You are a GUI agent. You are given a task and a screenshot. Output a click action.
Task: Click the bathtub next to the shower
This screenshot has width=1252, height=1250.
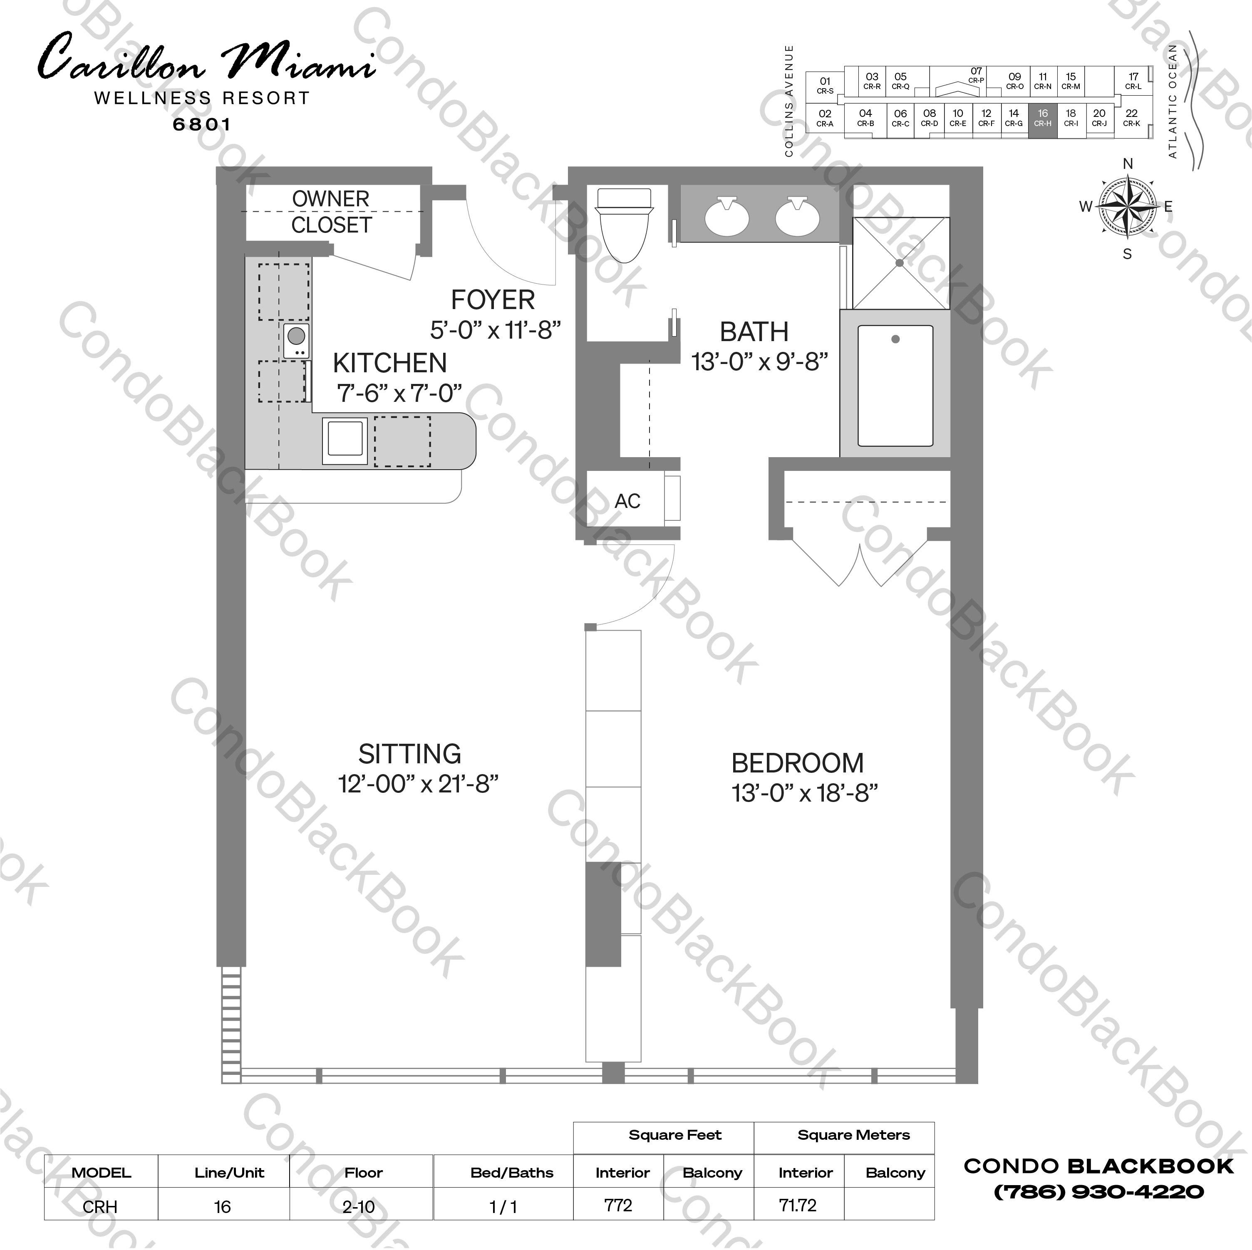click(x=895, y=386)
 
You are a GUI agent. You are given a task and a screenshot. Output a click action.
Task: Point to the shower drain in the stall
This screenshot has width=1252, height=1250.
click(x=900, y=263)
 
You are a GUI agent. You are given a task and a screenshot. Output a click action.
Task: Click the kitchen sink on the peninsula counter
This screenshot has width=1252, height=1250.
click(x=345, y=439)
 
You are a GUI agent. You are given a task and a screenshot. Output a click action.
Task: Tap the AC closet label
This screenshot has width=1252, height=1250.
click(x=627, y=501)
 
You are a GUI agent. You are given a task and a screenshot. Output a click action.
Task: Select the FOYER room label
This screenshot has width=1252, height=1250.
click(x=493, y=300)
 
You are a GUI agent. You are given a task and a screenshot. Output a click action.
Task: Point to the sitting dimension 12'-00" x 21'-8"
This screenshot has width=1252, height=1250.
click(x=418, y=784)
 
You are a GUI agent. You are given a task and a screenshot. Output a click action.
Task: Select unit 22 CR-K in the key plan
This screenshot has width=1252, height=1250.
click(x=1131, y=118)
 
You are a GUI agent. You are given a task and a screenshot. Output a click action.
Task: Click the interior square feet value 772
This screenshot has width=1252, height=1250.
click(x=618, y=1205)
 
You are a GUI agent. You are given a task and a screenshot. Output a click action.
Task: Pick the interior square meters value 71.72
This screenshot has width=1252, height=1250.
click(x=798, y=1205)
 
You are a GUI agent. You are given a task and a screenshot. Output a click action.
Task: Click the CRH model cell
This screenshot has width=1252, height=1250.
click(x=100, y=1207)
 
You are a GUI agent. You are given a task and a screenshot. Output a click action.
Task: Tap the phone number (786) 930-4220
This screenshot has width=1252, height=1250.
click(x=1099, y=1191)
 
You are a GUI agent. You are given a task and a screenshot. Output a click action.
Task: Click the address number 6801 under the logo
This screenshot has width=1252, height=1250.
click(x=201, y=124)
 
